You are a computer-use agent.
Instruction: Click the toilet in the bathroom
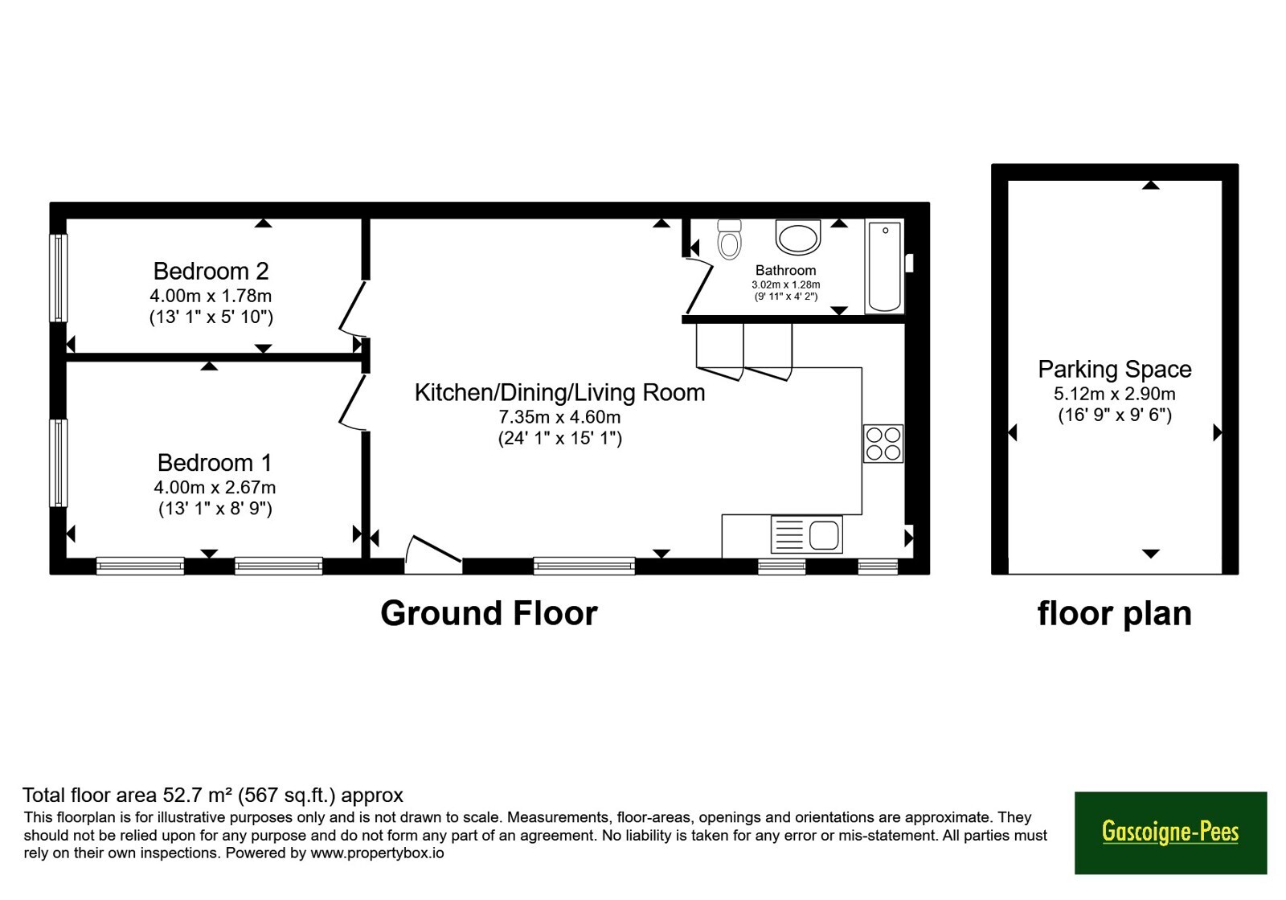coord(729,239)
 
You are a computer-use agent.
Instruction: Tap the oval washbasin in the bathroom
coord(797,236)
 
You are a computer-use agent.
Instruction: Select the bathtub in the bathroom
coord(884,266)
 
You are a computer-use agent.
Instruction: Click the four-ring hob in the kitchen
coord(883,444)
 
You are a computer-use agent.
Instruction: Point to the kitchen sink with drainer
coord(807,534)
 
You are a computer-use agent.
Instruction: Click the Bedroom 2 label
coord(211,271)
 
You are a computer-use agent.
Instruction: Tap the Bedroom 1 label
coord(214,463)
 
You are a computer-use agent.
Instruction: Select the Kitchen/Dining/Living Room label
coord(559,393)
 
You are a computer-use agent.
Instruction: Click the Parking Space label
coord(1114,370)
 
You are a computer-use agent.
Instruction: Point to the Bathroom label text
coord(785,270)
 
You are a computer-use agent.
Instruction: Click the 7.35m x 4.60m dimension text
coord(559,417)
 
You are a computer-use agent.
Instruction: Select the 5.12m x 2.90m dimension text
coord(1114,394)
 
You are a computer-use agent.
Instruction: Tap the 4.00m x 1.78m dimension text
coord(211,296)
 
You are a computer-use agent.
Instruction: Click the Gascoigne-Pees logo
coord(1170,832)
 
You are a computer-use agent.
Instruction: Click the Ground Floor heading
coord(489,613)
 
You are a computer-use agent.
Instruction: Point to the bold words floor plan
coord(1114,614)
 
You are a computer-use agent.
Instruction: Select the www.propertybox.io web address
coord(377,853)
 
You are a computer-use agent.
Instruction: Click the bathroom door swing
coord(698,286)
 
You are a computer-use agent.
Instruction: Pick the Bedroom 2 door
coord(352,308)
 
